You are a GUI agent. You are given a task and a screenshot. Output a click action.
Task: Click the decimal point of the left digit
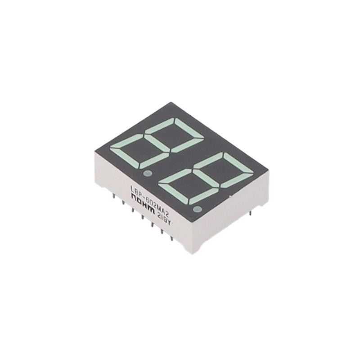point(146,173)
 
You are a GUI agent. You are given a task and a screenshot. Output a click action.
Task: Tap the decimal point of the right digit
point(196,209)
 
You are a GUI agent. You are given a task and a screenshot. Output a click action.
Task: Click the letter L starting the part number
point(132,188)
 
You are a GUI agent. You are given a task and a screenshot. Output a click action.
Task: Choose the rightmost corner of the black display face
point(269,170)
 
